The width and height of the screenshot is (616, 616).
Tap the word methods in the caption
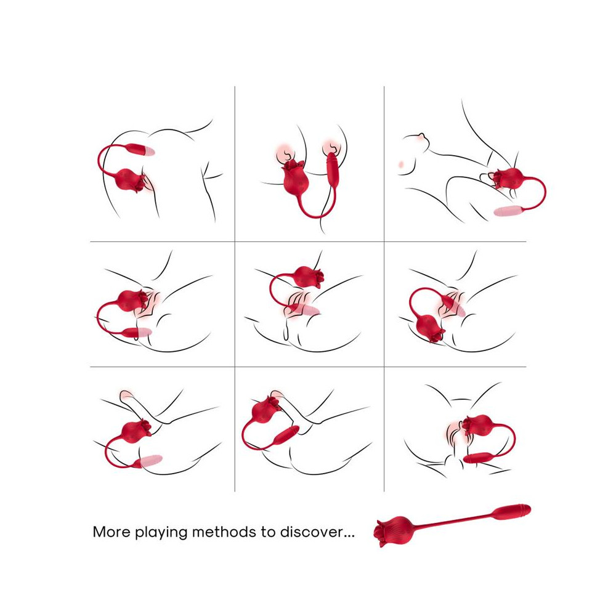224,532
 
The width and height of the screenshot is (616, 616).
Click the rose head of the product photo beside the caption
393,531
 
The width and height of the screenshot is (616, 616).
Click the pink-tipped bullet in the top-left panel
139,150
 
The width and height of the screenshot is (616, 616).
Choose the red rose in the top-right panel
508,179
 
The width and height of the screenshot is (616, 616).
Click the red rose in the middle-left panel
132,301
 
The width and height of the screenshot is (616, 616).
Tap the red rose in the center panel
307,277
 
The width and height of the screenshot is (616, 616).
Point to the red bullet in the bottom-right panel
478,458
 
